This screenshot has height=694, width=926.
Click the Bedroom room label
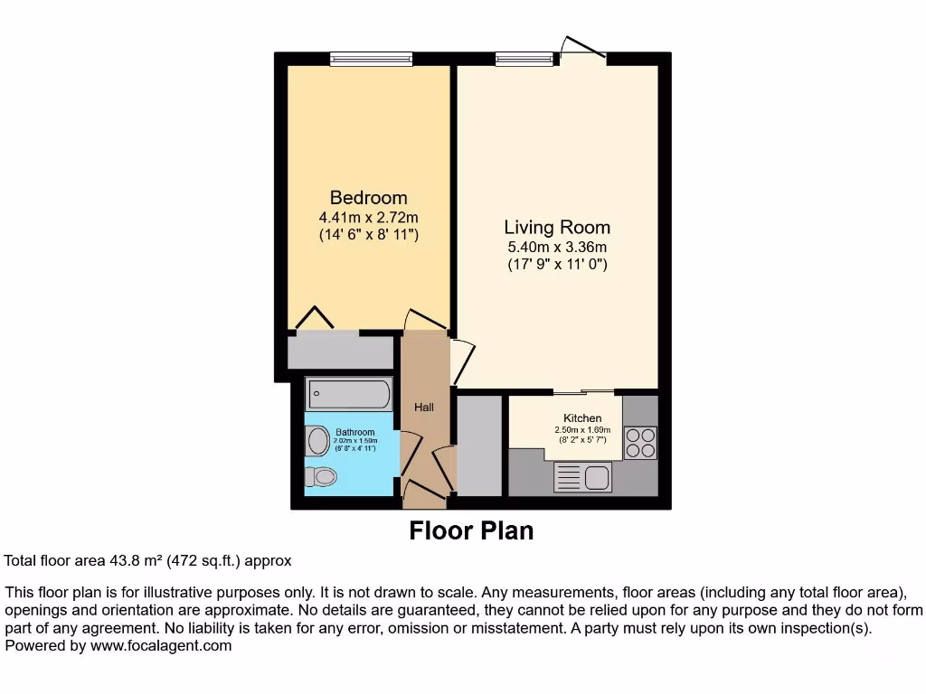pos(368,197)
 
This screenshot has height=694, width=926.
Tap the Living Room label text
pos(556,227)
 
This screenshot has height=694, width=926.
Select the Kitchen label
pos(582,417)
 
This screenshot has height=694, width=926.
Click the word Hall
pos(424,407)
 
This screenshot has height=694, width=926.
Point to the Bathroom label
pos(354,432)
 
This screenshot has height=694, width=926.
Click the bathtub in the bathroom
pos(349,394)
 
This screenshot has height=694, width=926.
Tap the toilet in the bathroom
pos(321,476)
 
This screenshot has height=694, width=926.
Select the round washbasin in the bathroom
pos(318,441)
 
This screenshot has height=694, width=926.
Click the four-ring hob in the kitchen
pos(640,442)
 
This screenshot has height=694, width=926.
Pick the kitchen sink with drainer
pos(582,476)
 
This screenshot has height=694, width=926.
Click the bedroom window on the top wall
pos(371,60)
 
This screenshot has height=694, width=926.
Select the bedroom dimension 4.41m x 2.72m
pos(368,217)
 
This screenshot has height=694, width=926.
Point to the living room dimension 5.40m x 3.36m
pos(556,247)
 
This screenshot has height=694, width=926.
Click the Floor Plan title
pos(471,530)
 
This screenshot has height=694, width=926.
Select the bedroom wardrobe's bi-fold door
pos(314,319)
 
